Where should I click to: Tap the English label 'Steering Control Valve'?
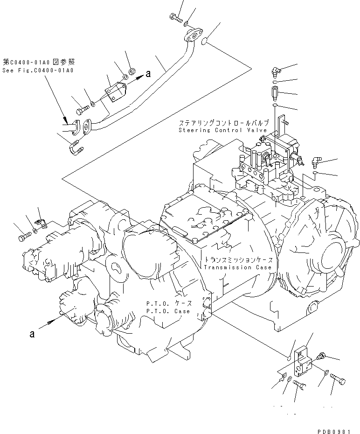pyautogui.click(x=223, y=130)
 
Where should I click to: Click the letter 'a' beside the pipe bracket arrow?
pyautogui.click(x=148, y=73)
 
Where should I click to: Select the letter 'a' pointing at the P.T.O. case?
pyautogui.click(x=32, y=333)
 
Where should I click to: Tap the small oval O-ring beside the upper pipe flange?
pyautogui.click(x=204, y=43)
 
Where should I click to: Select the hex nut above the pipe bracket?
pyautogui.click(x=132, y=71)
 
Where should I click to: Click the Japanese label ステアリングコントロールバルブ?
pyautogui.click(x=223, y=123)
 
